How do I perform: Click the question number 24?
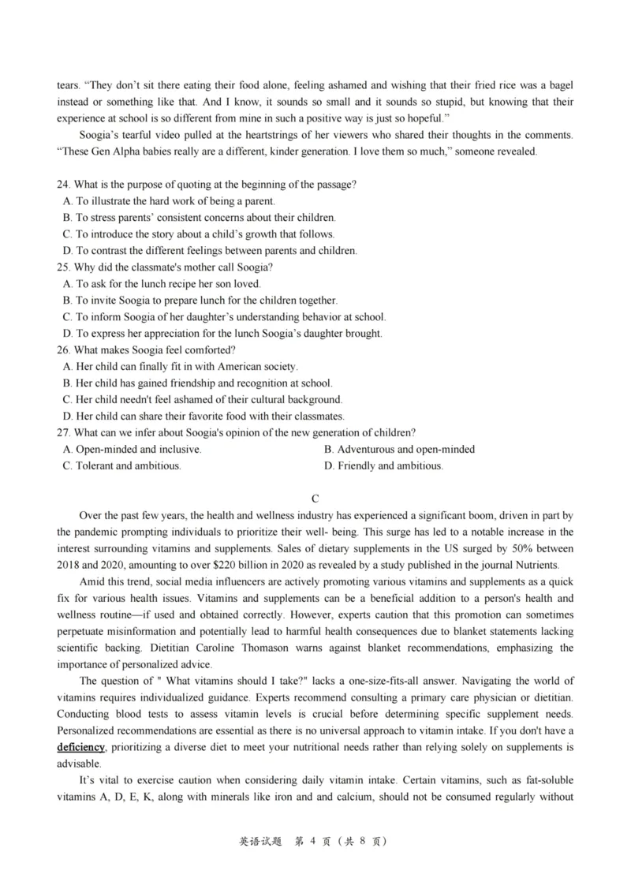click(x=63, y=185)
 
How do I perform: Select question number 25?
click(x=63, y=267)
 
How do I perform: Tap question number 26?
click(x=63, y=350)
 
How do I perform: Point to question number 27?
click(x=63, y=432)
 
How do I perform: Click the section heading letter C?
click(x=315, y=498)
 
